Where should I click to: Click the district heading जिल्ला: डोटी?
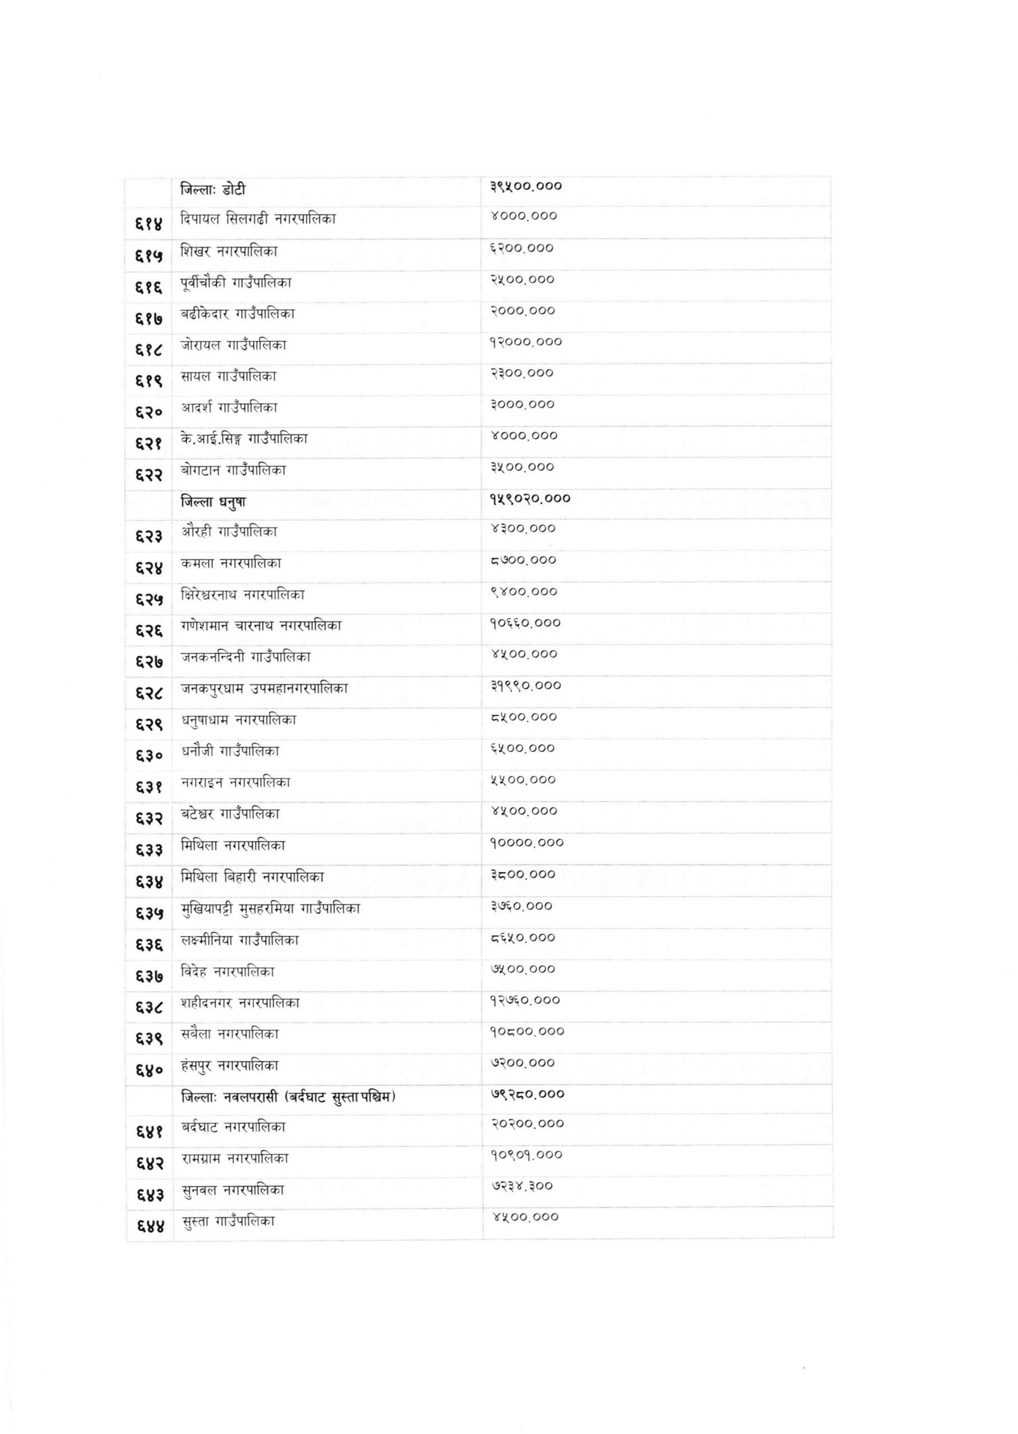(x=212, y=189)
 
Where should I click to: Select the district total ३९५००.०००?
(x=526, y=186)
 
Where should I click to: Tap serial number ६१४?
(x=148, y=222)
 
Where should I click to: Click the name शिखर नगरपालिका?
(x=229, y=252)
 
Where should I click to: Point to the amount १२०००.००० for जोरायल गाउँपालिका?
(x=526, y=342)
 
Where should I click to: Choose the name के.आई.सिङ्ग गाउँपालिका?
(x=244, y=439)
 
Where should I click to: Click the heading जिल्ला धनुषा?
(x=213, y=501)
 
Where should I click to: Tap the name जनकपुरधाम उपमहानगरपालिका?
(x=264, y=688)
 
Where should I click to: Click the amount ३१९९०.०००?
(x=526, y=686)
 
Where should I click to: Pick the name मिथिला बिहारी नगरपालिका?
(x=252, y=877)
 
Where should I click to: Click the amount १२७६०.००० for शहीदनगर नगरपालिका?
(x=526, y=1000)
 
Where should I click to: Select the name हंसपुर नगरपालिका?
(x=229, y=1065)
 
